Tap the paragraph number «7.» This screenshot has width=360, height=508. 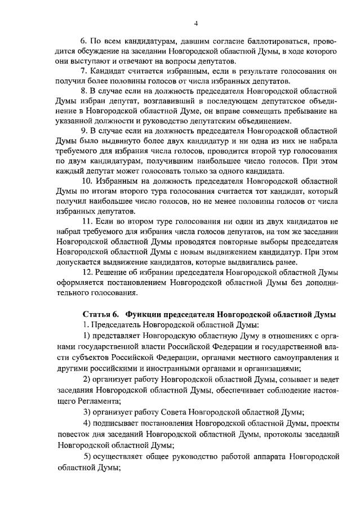tap(84, 70)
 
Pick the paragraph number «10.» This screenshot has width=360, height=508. tap(86, 181)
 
